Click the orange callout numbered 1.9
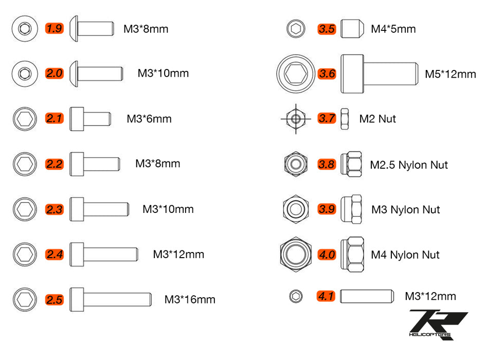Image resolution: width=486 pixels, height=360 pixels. point(54,28)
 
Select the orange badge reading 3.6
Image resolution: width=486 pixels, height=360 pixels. point(327,74)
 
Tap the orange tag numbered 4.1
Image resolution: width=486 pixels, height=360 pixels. point(326,296)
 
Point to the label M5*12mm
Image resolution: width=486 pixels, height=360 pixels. point(451,74)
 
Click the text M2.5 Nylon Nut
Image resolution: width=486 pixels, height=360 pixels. point(409,165)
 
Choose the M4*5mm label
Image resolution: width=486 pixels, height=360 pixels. point(393,29)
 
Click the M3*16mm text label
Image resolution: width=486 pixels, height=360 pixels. point(190,299)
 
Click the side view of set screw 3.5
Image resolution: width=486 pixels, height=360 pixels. point(350,28)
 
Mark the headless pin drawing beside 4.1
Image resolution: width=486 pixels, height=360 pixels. point(367,296)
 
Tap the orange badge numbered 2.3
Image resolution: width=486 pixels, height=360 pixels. point(54,209)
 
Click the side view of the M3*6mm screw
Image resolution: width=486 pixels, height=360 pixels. point(90,119)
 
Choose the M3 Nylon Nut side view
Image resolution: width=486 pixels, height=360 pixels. point(351,209)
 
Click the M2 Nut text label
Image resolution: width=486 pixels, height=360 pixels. point(377,119)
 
